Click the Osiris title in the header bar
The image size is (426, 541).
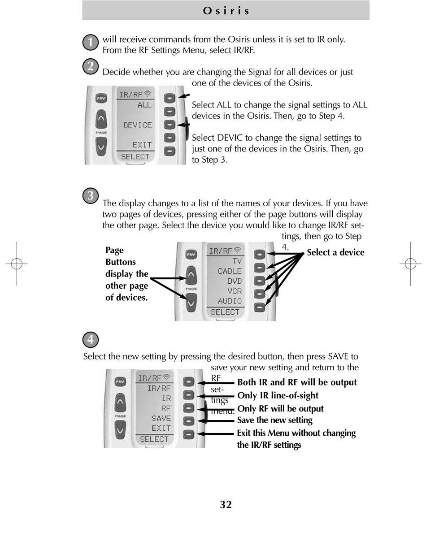click(226, 11)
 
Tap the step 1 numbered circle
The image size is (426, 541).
click(91, 42)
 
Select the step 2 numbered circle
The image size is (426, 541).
click(91, 66)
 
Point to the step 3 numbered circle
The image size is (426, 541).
click(91, 196)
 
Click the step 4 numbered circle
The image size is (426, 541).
click(91, 340)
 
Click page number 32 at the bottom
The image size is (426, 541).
click(226, 505)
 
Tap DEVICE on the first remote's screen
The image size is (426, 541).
click(138, 125)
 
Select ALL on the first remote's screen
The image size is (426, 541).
click(144, 105)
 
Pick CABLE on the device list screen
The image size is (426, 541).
click(230, 271)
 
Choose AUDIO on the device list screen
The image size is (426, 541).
click(230, 301)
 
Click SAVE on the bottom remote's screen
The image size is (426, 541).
click(161, 419)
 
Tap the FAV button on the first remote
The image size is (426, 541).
click(101, 98)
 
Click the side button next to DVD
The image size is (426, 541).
click(260, 281)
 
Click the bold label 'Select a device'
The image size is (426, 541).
click(335, 253)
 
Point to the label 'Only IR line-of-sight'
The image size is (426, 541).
click(278, 396)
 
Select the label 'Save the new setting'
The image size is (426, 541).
click(274, 420)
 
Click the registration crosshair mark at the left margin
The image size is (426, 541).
click(17, 264)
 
